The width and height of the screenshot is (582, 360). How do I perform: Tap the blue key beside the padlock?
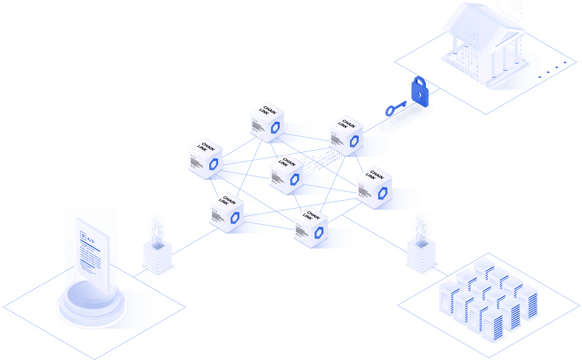pyautogui.click(x=395, y=108)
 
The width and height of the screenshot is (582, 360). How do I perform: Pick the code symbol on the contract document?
pyautogui.click(x=91, y=240)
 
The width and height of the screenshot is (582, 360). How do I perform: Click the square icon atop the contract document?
pyautogui.click(x=83, y=235)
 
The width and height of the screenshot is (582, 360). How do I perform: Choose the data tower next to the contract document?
pyautogui.click(x=157, y=246)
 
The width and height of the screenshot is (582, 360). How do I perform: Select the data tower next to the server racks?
pyautogui.click(x=421, y=244)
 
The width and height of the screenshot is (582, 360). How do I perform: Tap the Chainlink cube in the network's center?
pyautogui.click(x=286, y=174)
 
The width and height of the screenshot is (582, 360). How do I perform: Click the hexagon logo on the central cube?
pyautogui.click(x=294, y=180)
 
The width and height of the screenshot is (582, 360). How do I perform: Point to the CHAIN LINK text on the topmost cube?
pyautogui.click(x=267, y=110)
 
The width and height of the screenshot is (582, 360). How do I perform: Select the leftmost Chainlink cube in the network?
pyautogui.click(x=205, y=159)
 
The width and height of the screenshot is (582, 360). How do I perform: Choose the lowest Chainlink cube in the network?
pyautogui.click(x=311, y=228)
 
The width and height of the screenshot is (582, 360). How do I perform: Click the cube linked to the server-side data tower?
pyautogui.click(x=374, y=187)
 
